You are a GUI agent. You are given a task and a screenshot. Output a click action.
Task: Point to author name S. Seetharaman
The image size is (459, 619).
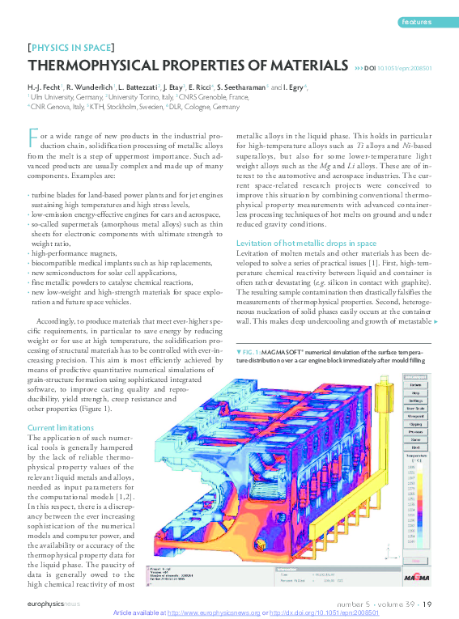[x=237, y=87]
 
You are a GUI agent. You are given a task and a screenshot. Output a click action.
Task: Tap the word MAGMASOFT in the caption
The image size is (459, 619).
[x=283, y=352]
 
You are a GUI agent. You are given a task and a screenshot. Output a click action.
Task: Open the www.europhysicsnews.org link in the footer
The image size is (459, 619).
[x=215, y=613]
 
